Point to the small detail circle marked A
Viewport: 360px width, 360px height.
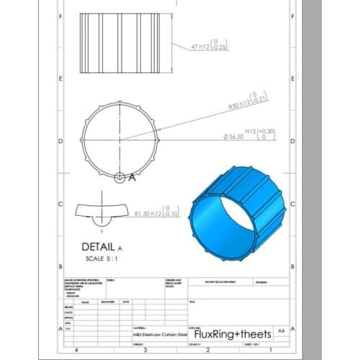[120, 176]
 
